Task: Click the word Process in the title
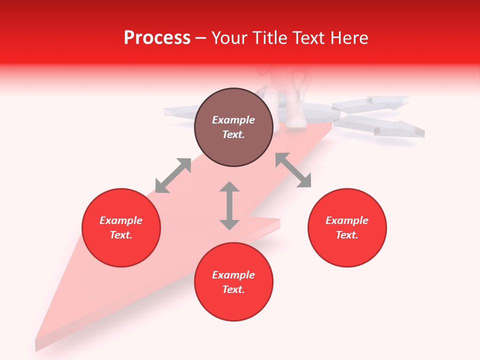(157, 38)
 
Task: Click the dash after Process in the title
(200, 38)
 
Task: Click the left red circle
(121, 227)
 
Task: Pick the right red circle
(347, 227)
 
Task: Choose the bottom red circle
(233, 281)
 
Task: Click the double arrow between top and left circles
(173, 175)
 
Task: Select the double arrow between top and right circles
(293, 170)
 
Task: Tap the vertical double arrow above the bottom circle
(229, 205)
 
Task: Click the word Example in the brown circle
(233, 120)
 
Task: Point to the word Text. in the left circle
(121, 235)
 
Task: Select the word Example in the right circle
(347, 220)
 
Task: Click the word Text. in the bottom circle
(233, 289)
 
